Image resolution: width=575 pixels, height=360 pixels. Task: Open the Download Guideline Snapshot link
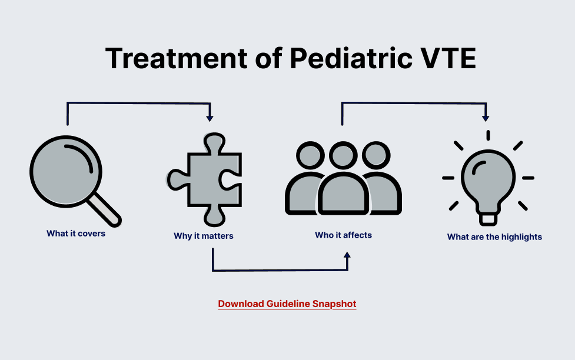[287, 304]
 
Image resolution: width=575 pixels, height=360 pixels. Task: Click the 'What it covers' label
[76, 234]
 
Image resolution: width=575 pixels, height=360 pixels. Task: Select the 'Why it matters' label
[204, 236]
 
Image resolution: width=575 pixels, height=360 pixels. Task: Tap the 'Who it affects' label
[343, 235]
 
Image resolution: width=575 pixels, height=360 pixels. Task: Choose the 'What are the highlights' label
[494, 237]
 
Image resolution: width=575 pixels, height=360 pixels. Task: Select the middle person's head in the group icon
[343, 156]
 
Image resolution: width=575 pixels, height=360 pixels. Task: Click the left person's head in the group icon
[310, 156]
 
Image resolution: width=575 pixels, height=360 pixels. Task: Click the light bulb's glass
[488, 176]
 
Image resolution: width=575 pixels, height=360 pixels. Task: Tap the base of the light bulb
[488, 218]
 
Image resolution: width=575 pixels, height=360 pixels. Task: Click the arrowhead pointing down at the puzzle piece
[210, 118]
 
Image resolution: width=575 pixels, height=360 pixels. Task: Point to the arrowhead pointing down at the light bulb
[486, 118]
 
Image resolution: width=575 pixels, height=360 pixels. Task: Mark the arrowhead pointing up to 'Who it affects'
[347, 255]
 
